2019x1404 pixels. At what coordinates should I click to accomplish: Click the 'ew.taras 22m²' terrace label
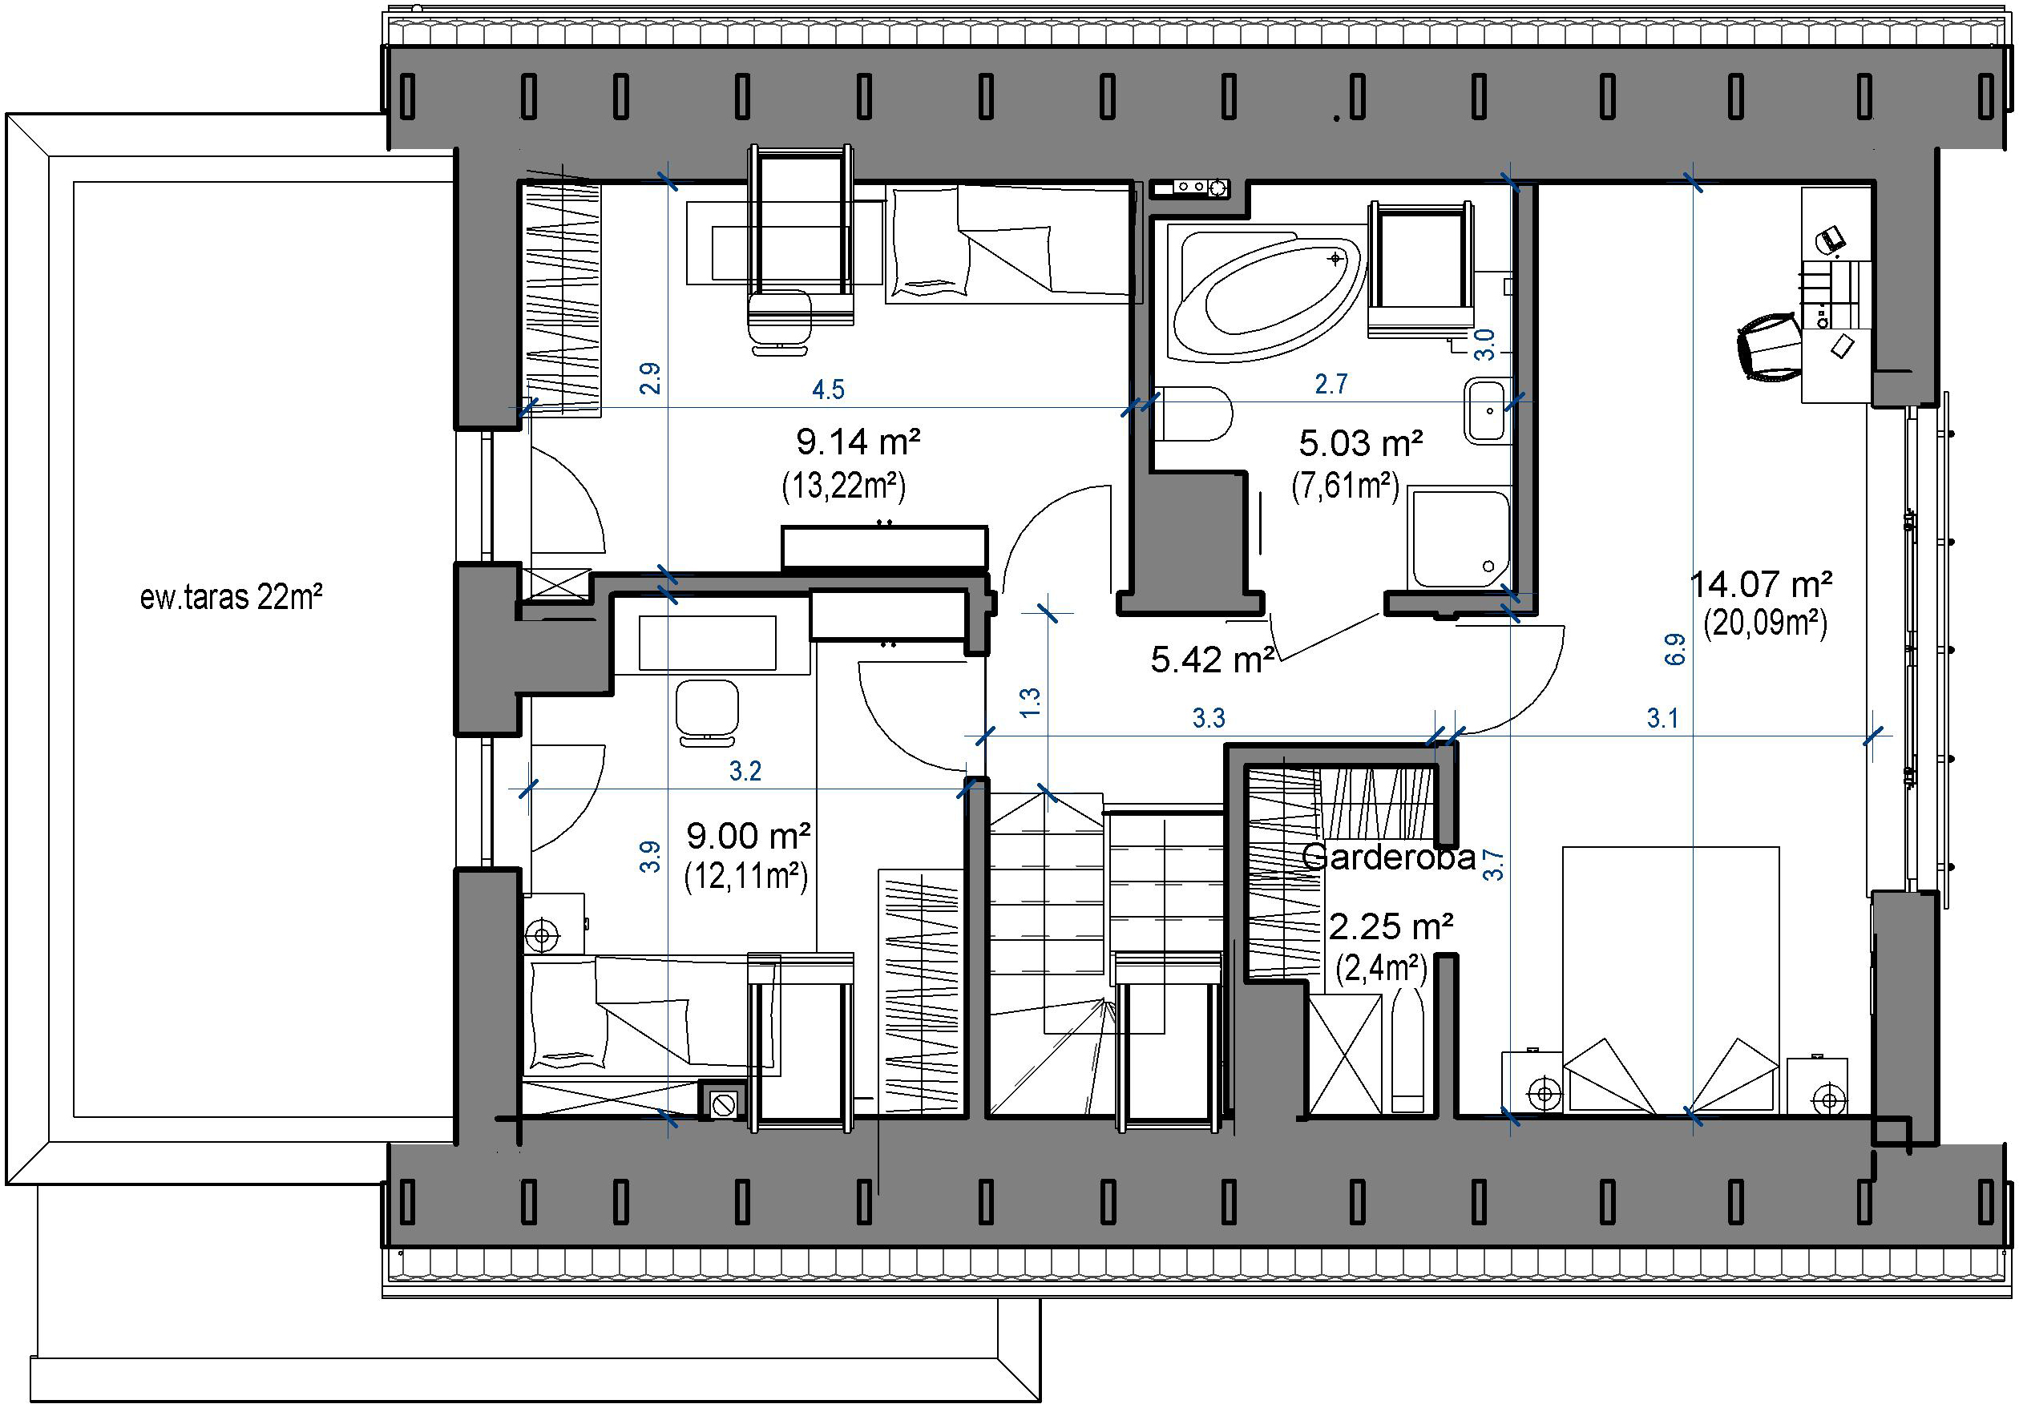pos(232,597)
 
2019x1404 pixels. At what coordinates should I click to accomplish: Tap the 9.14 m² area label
pos(858,442)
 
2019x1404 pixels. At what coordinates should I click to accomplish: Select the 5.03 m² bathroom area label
pos(1360,444)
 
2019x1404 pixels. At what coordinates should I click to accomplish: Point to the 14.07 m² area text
pos(1762,583)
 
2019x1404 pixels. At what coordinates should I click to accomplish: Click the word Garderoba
pos(1388,857)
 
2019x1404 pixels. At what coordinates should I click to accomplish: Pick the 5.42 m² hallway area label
pos(1213,660)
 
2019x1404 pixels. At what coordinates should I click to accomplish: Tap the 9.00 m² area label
pos(749,835)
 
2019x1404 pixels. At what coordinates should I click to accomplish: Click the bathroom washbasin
pos(1488,410)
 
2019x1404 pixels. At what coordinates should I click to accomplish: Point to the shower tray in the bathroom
pos(1459,538)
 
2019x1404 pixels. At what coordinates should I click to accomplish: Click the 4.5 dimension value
pos(827,389)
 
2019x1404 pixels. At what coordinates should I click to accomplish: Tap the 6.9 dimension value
pos(1675,649)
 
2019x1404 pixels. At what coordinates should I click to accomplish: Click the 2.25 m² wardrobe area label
pos(1391,926)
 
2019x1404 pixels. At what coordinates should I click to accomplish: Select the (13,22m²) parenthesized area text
pos(843,486)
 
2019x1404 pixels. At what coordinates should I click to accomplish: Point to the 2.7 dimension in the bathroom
pos(1331,384)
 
